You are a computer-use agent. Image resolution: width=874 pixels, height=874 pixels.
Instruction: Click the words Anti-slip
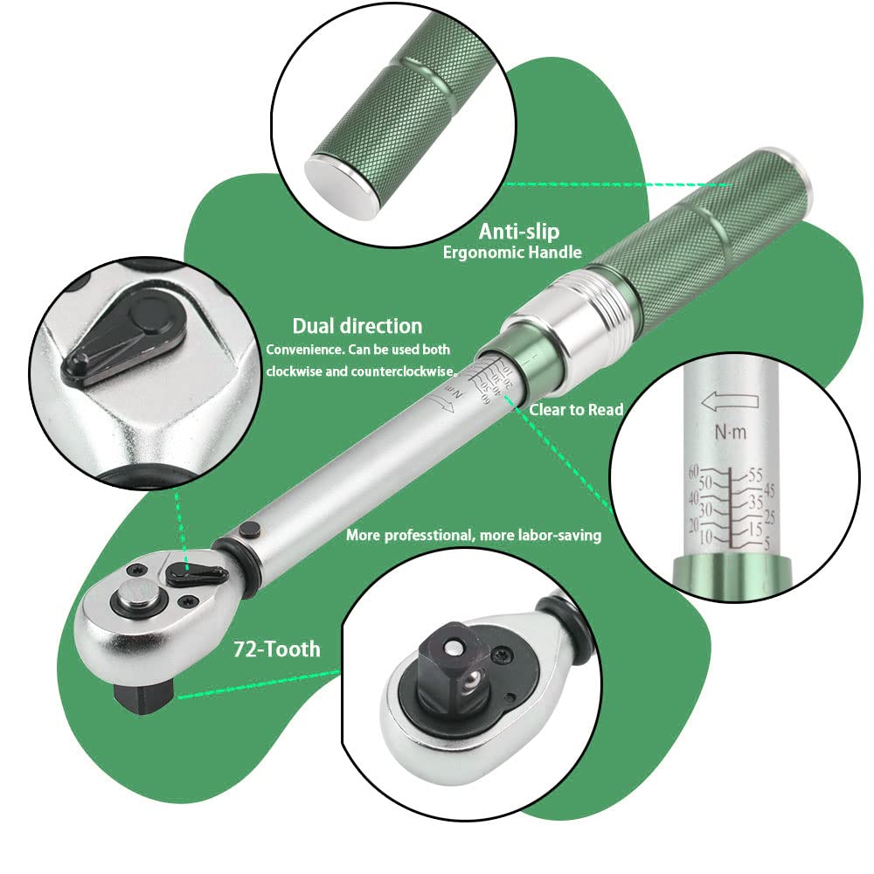coord(518,232)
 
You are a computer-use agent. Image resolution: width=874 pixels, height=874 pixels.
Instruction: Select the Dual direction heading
coord(357,326)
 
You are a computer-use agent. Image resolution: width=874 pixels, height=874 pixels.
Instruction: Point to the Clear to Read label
coord(576,409)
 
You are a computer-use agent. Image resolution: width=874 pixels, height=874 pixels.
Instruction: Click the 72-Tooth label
coord(276,649)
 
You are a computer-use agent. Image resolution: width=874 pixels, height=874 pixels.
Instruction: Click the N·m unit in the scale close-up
coord(731,432)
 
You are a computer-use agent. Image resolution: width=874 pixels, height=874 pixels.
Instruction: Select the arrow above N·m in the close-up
coord(729,401)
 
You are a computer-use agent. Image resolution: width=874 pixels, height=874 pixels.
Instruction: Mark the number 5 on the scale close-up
coord(766,543)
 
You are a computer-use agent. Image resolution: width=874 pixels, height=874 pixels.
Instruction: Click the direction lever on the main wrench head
coord(195,572)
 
